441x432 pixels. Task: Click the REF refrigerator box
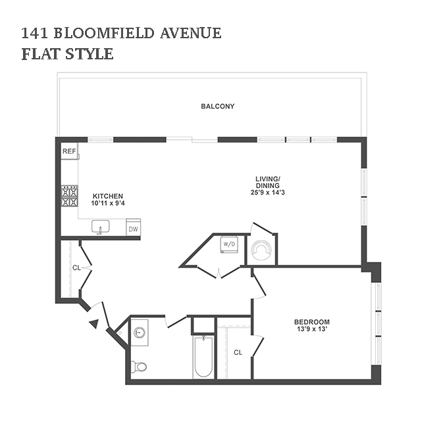(x=69, y=151)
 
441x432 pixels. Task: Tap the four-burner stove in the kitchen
(x=70, y=197)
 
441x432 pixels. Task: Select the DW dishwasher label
(x=134, y=229)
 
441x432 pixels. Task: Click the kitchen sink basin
(x=101, y=226)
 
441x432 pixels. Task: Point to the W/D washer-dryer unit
(x=229, y=243)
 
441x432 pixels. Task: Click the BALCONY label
(x=218, y=106)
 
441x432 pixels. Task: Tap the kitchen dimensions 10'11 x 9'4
(x=108, y=203)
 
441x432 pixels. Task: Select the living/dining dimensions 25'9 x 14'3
(x=268, y=193)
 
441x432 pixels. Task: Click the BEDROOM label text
(x=312, y=322)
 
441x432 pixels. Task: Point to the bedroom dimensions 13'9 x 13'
(x=312, y=329)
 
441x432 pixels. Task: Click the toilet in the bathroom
(x=139, y=367)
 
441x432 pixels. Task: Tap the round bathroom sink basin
(x=140, y=332)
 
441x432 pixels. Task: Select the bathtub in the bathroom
(x=203, y=356)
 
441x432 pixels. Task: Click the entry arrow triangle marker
(x=94, y=324)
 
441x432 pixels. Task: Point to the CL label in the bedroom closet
(x=238, y=352)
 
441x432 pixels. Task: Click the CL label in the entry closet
(x=76, y=268)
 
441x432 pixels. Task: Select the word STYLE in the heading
(x=89, y=54)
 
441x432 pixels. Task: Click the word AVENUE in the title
(x=191, y=33)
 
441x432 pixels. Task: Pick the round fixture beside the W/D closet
(x=262, y=249)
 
